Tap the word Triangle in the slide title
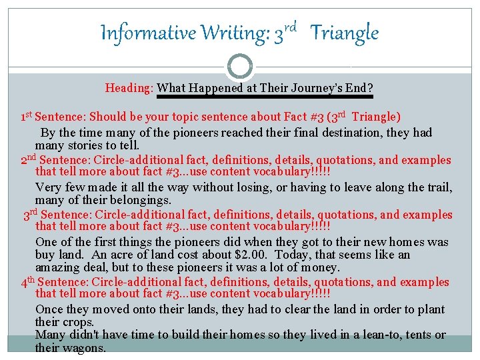tap(345, 33)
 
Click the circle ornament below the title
tap(240, 67)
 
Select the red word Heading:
tap(129, 88)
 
